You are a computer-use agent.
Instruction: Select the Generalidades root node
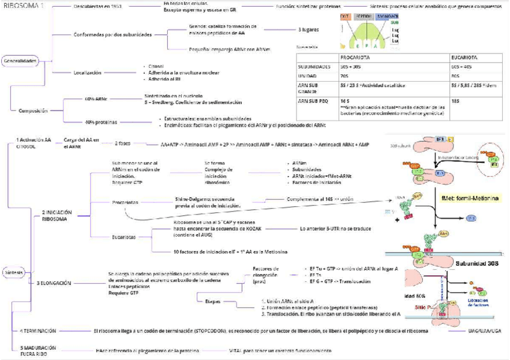tap(20, 61)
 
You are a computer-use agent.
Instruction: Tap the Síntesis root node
tap(13, 272)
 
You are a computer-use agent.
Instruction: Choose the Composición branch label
tap(33, 111)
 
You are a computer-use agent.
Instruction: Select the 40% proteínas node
tap(101, 121)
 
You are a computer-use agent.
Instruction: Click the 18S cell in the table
tap(455, 101)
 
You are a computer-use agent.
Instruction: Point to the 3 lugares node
tap(309, 29)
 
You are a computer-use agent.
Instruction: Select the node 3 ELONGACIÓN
tap(54, 282)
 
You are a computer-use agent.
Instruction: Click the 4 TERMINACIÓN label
tap(38, 331)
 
